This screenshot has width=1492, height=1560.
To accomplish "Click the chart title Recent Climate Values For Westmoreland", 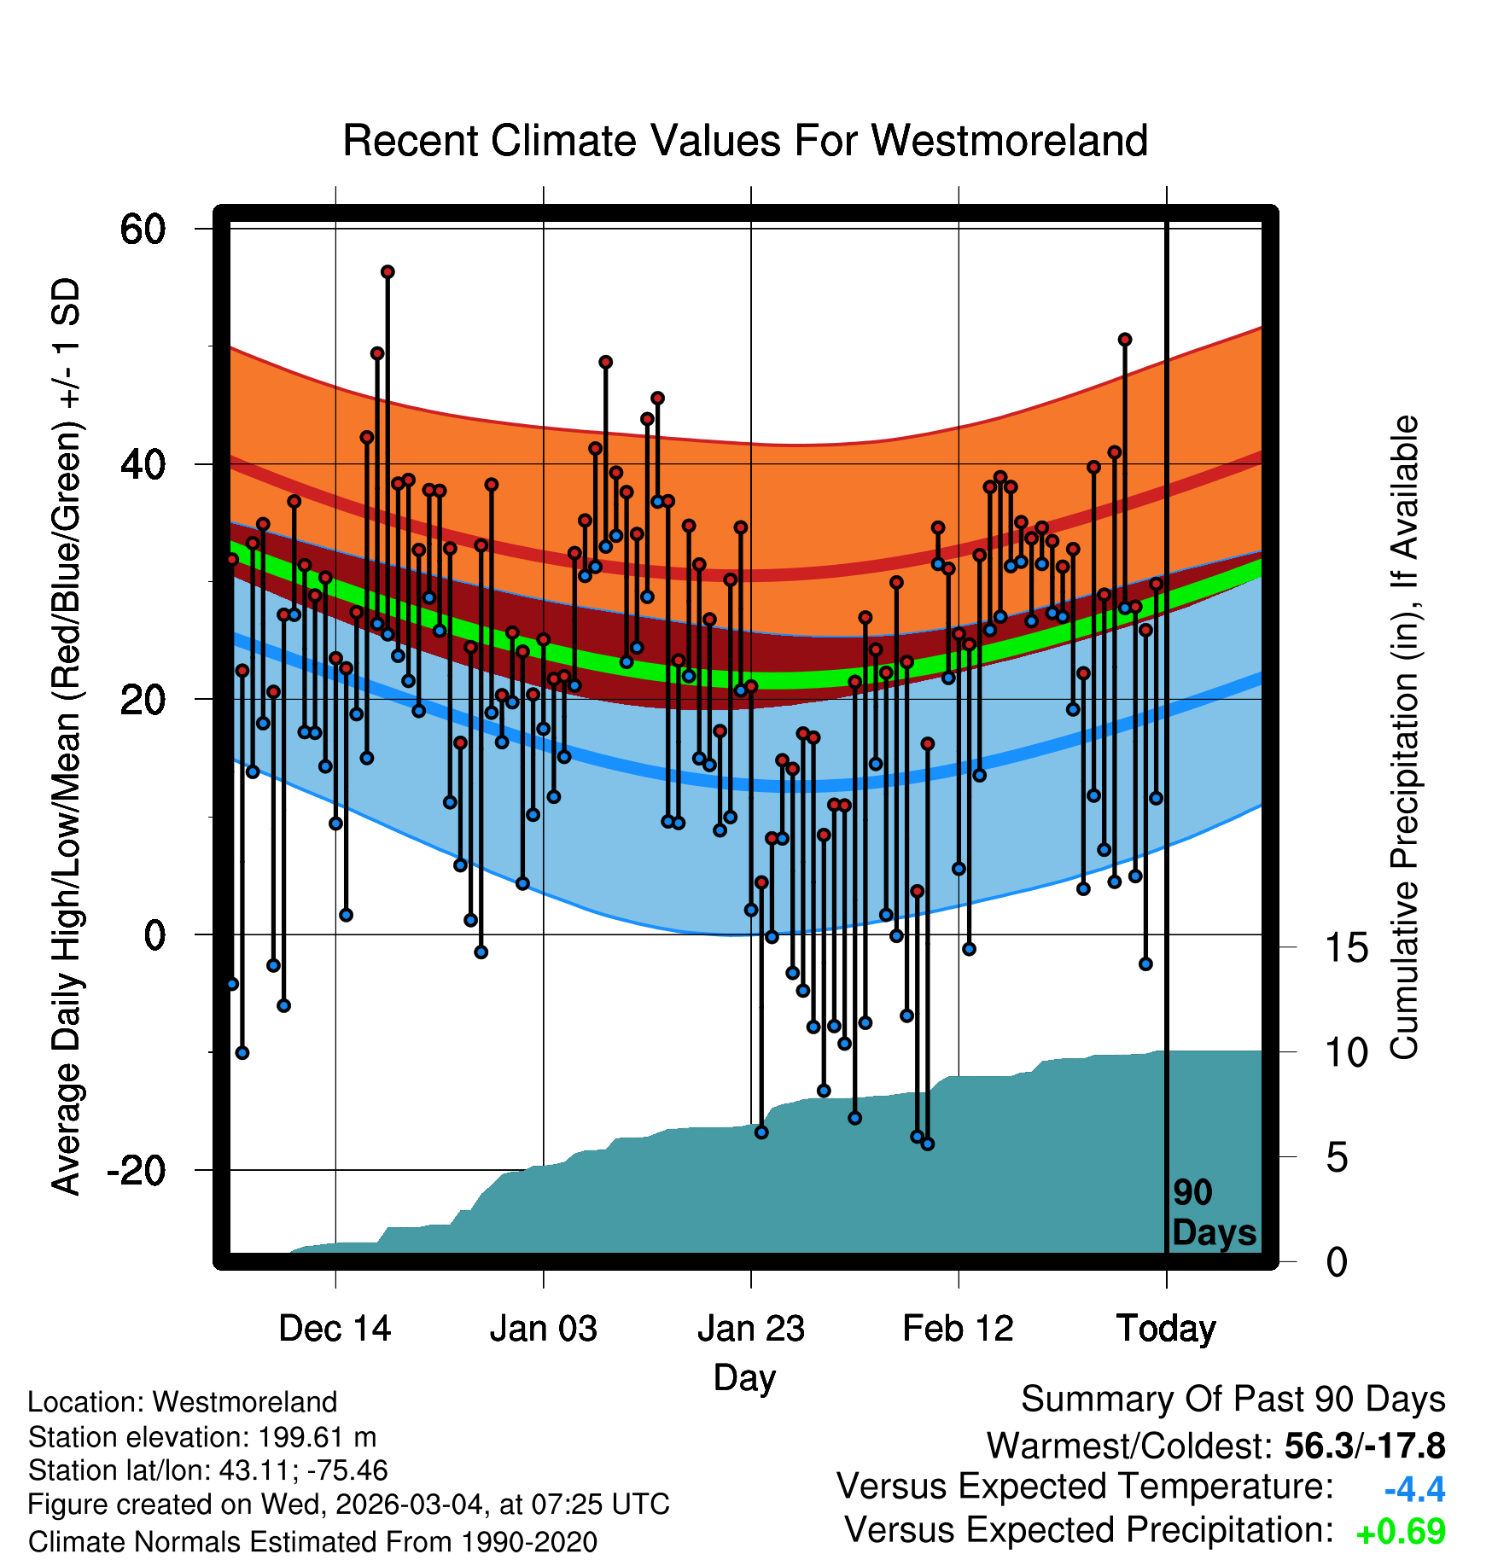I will coord(744,141).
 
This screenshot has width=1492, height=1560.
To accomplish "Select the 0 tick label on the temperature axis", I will coord(154,935).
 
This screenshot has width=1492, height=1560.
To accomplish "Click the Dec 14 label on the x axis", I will coord(335,1329).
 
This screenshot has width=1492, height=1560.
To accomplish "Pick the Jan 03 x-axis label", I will coord(543,1329).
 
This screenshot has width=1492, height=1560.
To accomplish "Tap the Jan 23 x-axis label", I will coord(750,1329).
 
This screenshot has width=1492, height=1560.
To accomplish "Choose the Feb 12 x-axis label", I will coord(958,1329).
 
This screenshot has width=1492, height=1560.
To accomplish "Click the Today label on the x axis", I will coord(1166,1329).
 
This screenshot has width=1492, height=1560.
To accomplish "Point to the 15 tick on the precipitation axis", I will coord(1346,947).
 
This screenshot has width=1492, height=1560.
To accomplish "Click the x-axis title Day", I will coord(744,1377).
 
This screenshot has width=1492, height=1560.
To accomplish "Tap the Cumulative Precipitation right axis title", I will coord(1404,738).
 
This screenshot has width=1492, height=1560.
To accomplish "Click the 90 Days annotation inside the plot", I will coord(1213,1213).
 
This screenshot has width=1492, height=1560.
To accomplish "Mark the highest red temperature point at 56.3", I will coord(388,272).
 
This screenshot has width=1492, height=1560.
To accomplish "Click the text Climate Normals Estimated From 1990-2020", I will coord(312,1542).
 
